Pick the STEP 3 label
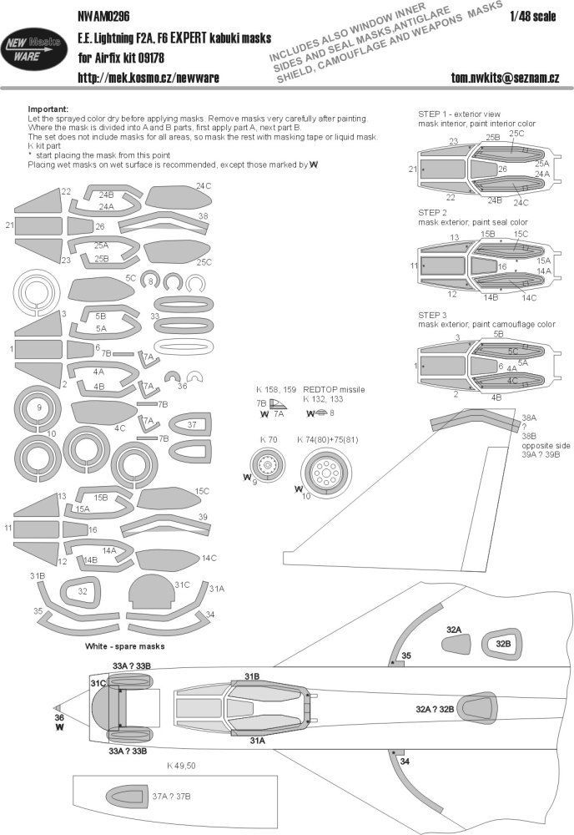[x=434, y=314]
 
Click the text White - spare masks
[x=123, y=646]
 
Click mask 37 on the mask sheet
[x=192, y=426]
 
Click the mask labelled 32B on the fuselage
[x=501, y=644]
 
